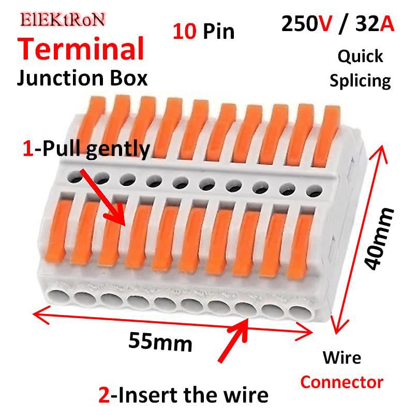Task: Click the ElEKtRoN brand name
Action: (x=63, y=20)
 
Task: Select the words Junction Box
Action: (x=82, y=78)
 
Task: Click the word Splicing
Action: (x=361, y=80)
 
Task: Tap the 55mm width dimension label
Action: (x=160, y=341)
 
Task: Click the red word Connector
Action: (x=342, y=382)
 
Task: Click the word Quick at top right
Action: (x=361, y=56)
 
